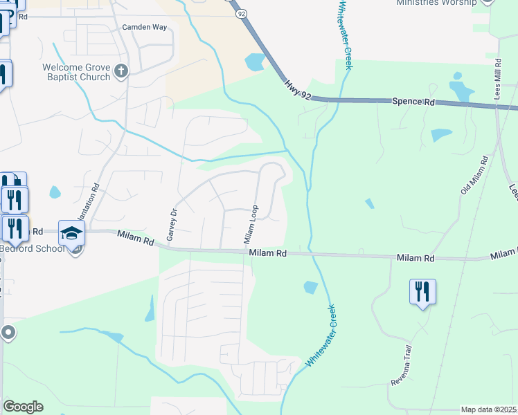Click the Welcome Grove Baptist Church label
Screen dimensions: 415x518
pos(76,72)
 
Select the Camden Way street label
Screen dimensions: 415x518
pos(145,27)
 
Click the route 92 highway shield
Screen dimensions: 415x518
pos(241,12)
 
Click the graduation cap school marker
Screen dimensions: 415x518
pos(71,234)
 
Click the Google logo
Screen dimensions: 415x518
pos(23,407)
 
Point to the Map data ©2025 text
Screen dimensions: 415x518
pos(489,409)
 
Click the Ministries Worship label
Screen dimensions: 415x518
pos(437,3)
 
